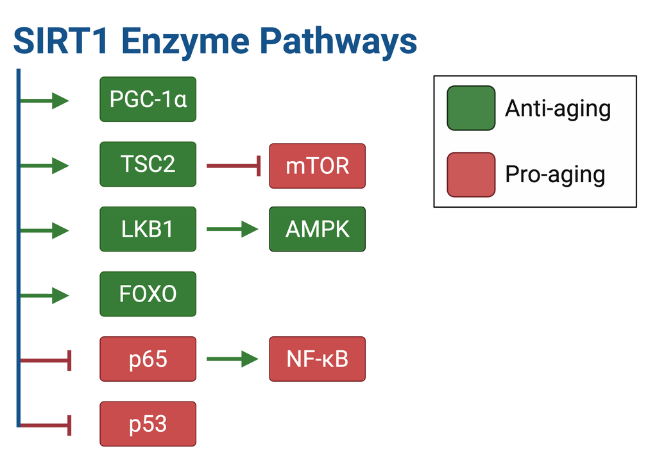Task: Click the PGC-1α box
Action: [x=148, y=99]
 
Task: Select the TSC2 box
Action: [x=148, y=164]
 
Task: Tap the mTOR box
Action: [x=317, y=166]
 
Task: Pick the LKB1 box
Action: [x=148, y=229]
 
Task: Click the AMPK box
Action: [x=317, y=229]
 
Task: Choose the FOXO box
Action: [x=148, y=294]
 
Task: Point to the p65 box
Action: [x=148, y=359]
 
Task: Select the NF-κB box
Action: [x=317, y=359]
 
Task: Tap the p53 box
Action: [x=148, y=424]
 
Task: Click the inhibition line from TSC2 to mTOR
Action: [x=234, y=166]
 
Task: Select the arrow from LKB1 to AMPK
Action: [x=232, y=229]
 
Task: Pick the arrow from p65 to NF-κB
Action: [x=232, y=359]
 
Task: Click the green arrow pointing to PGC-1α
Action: [x=44, y=101]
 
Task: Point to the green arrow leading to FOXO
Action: [x=44, y=295]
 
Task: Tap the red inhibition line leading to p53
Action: [x=46, y=425]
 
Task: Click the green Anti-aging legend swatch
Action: [x=471, y=108]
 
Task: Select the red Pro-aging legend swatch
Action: [x=471, y=175]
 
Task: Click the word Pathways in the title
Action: [x=339, y=42]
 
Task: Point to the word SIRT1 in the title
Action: [x=60, y=40]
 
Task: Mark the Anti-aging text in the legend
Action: [x=558, y=109]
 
